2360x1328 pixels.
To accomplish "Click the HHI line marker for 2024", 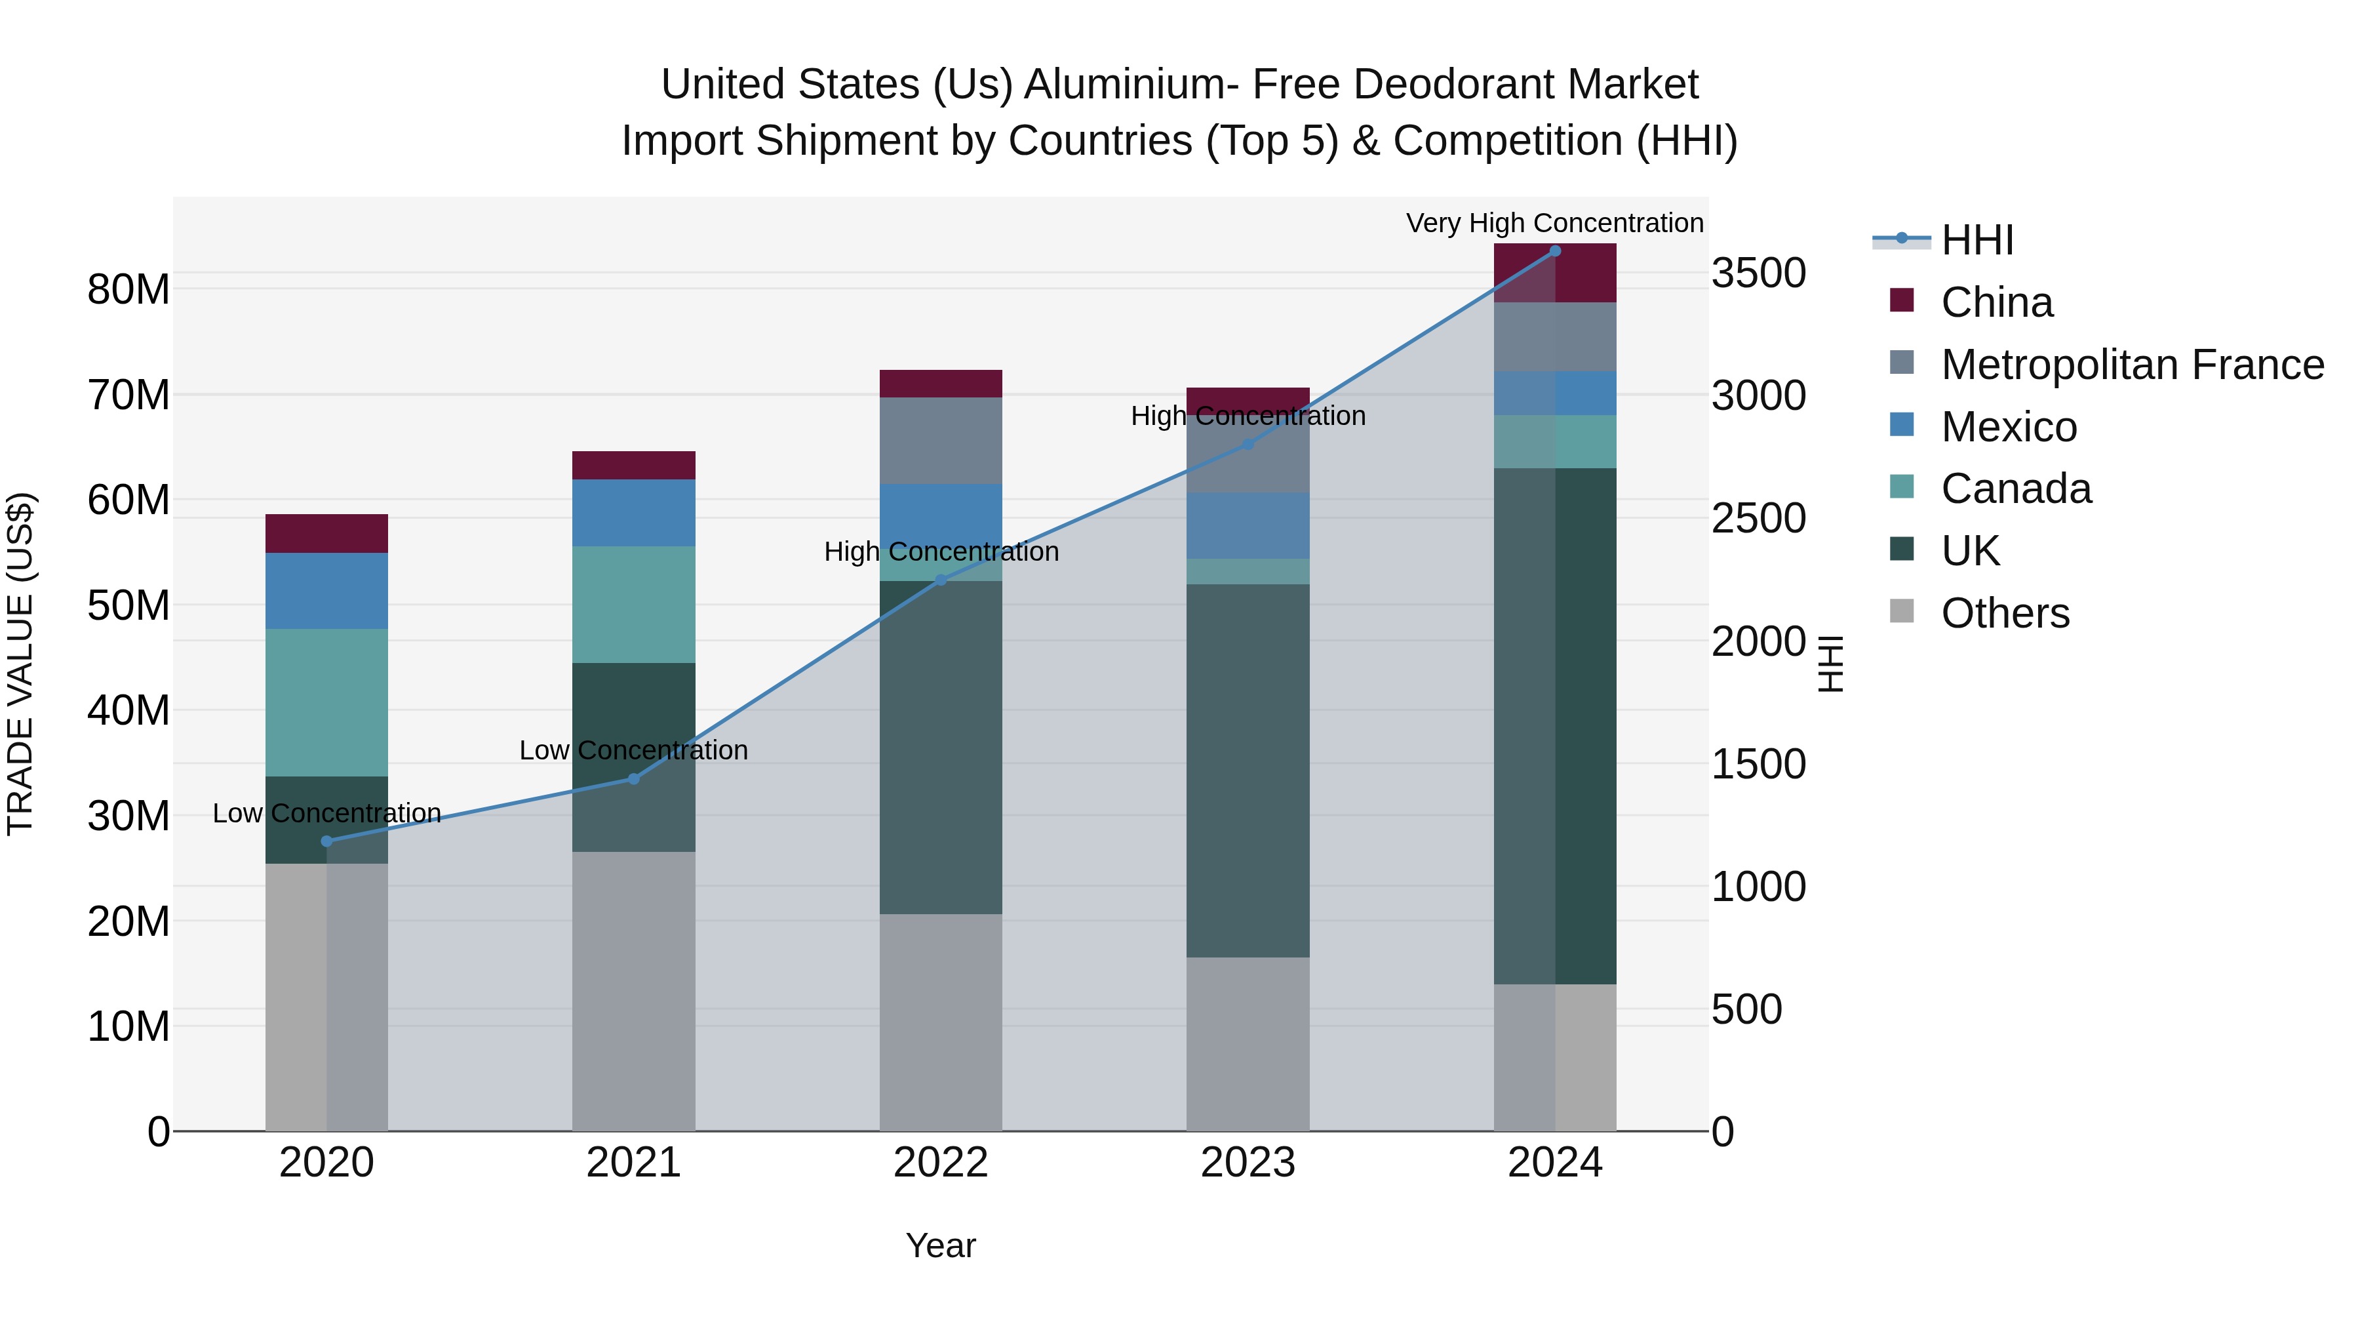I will click(1555, 251).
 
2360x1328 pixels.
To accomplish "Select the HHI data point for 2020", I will click(327, 841).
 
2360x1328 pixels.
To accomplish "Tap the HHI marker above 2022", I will click(940, 579).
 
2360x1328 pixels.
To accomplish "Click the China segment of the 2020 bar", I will click(327, 533).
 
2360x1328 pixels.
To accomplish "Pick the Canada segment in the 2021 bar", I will click(633, 605).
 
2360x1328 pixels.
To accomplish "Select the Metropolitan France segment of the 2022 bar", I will click(940, 440).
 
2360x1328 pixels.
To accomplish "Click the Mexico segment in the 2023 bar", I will click(1247, 526).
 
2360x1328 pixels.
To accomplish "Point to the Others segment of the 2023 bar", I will click(1247, 1044).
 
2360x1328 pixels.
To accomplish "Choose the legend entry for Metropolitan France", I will click(2132, 365).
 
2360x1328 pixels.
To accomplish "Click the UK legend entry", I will click(1970, 551).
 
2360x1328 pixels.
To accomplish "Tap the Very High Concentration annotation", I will click(1555, 223).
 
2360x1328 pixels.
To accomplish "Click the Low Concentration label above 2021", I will click(633, 750).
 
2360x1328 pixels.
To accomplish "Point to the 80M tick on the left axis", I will click(128, 290).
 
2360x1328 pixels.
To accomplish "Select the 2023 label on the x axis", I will click(1247, 1163).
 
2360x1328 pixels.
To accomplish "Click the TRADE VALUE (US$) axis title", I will click(20, 664).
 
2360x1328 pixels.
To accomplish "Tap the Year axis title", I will click(940, 1245).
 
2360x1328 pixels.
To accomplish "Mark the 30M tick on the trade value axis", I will click(128, 816).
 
